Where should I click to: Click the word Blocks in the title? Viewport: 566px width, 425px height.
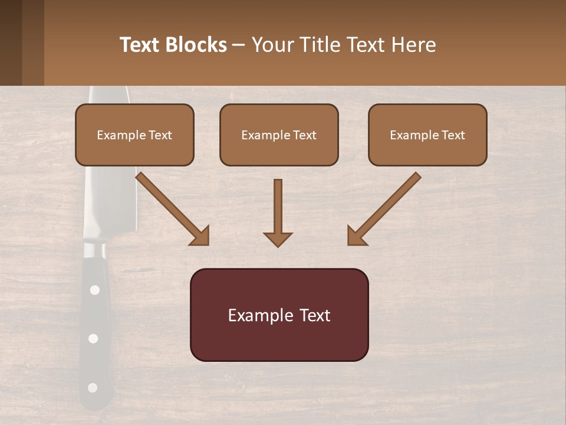[197, 45]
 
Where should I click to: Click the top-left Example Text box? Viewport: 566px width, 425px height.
[134, 135]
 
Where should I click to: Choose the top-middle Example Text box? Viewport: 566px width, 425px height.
[279, 135]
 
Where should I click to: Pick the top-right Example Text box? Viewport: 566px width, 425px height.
[427, 135]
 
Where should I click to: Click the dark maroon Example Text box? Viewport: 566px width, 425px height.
[279, 315]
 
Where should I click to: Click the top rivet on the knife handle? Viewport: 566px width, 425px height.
[94, 290]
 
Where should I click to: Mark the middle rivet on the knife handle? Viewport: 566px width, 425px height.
[93, 338]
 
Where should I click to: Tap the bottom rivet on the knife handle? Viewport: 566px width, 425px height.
[92, 388]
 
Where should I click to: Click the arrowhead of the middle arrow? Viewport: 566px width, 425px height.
[278, 239]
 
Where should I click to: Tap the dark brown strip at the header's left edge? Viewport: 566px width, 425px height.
[11, 42]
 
